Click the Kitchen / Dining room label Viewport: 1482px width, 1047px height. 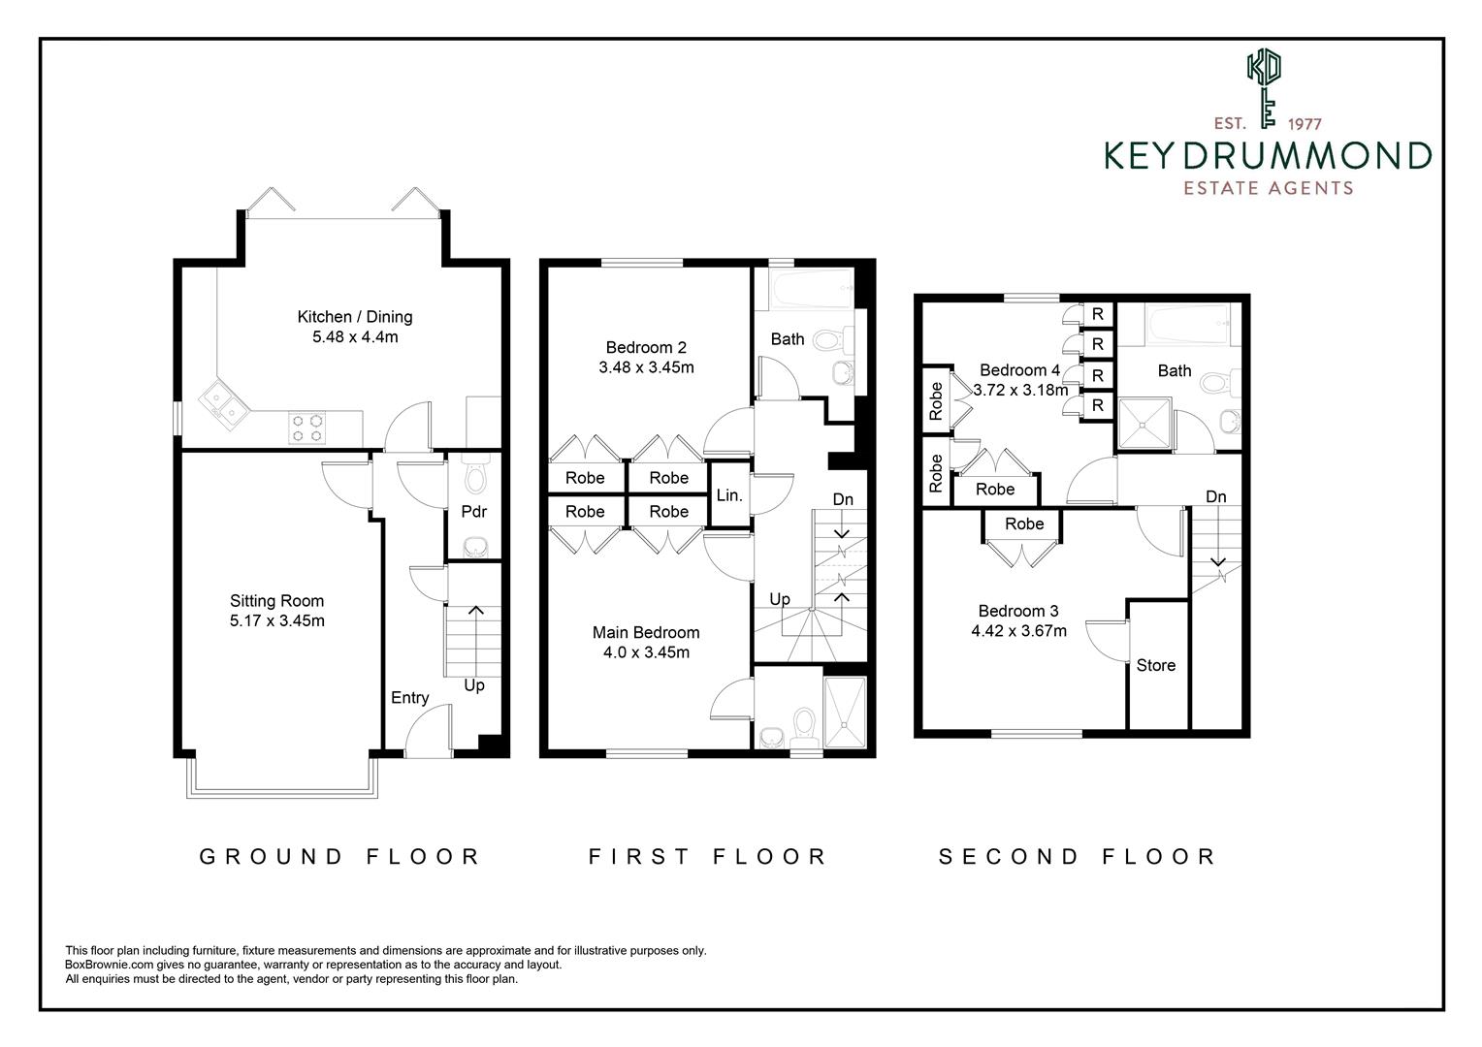tap(354, 316)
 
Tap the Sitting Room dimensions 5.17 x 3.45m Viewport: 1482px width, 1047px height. tap(276, 621)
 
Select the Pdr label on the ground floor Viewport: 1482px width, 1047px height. tap(473, 512)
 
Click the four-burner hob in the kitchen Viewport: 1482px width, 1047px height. tap(306, 428)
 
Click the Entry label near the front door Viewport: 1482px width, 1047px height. tap(409, 698)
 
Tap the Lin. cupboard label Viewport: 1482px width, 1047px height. tap(729, 495)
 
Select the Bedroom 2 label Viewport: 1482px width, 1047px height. tap(646, 347)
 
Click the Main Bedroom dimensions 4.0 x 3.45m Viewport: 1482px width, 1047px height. tap(646, 652)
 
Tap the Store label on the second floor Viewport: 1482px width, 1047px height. tap(1155, 665)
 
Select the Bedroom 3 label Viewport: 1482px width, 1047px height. tap(1017, 611)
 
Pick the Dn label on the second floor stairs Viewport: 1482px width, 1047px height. tap(1215, 497)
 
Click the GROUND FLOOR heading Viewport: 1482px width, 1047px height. tap(340, 856)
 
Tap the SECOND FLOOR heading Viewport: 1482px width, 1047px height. tap(1077, 856)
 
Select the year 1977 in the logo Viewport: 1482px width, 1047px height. tap(1305, 124)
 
